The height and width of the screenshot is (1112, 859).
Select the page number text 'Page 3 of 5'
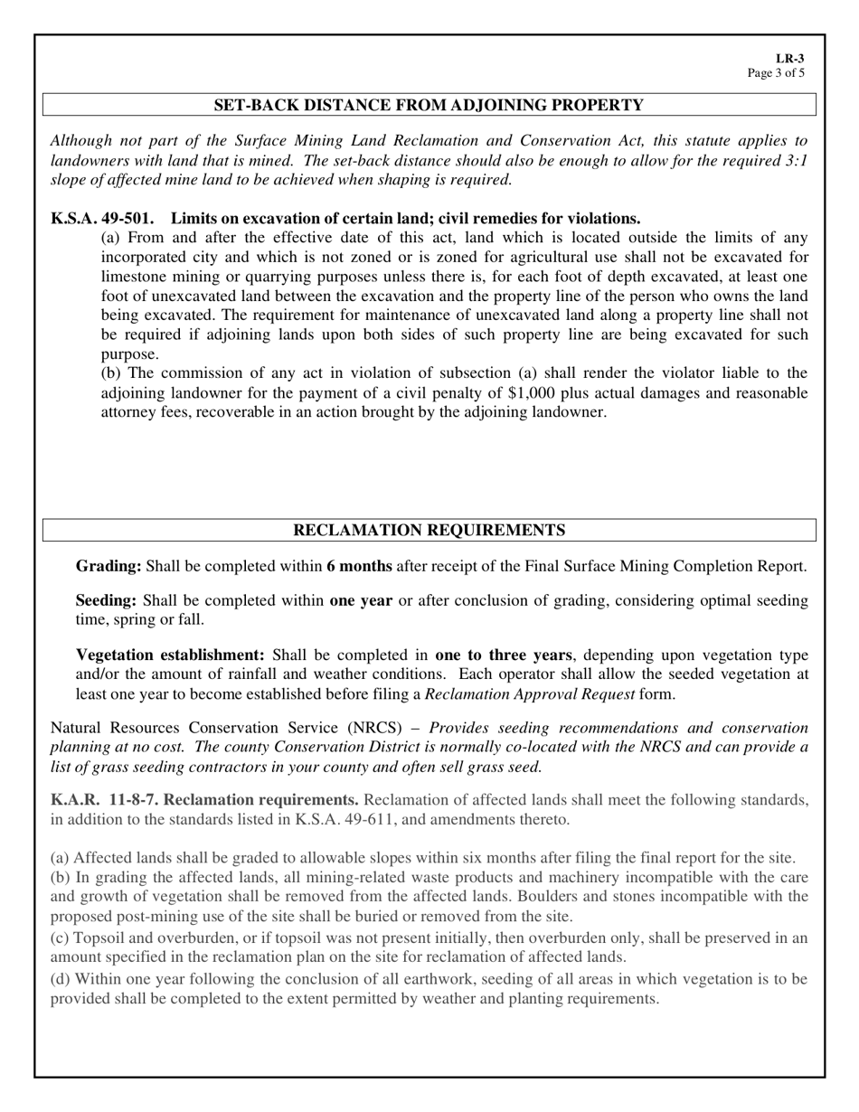pyautogui.click(x=776, y=73)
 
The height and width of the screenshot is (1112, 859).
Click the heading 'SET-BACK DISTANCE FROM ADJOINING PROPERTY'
pyautogui.click(x=429, y=106)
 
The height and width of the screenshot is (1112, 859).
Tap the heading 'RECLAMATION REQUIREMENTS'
pyautogui.click(x=429, y=531)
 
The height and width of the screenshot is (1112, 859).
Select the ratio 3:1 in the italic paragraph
pyautogui.click(x=793, y=160)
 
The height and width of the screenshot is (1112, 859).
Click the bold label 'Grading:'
pyautogui.click(x=109, y=567)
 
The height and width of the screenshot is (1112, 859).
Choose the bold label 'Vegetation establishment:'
pyautogui.click(x=170, y=655)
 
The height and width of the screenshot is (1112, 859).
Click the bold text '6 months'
pyautogui.click(x=359, y=567)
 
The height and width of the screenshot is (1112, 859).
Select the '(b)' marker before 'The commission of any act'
pyautogui.click(x=110, y=373)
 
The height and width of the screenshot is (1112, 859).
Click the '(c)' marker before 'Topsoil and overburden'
pyautogui.click(x=60, y=938)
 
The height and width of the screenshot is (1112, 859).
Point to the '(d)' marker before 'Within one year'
pyautogui.click(x=61, y=979)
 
